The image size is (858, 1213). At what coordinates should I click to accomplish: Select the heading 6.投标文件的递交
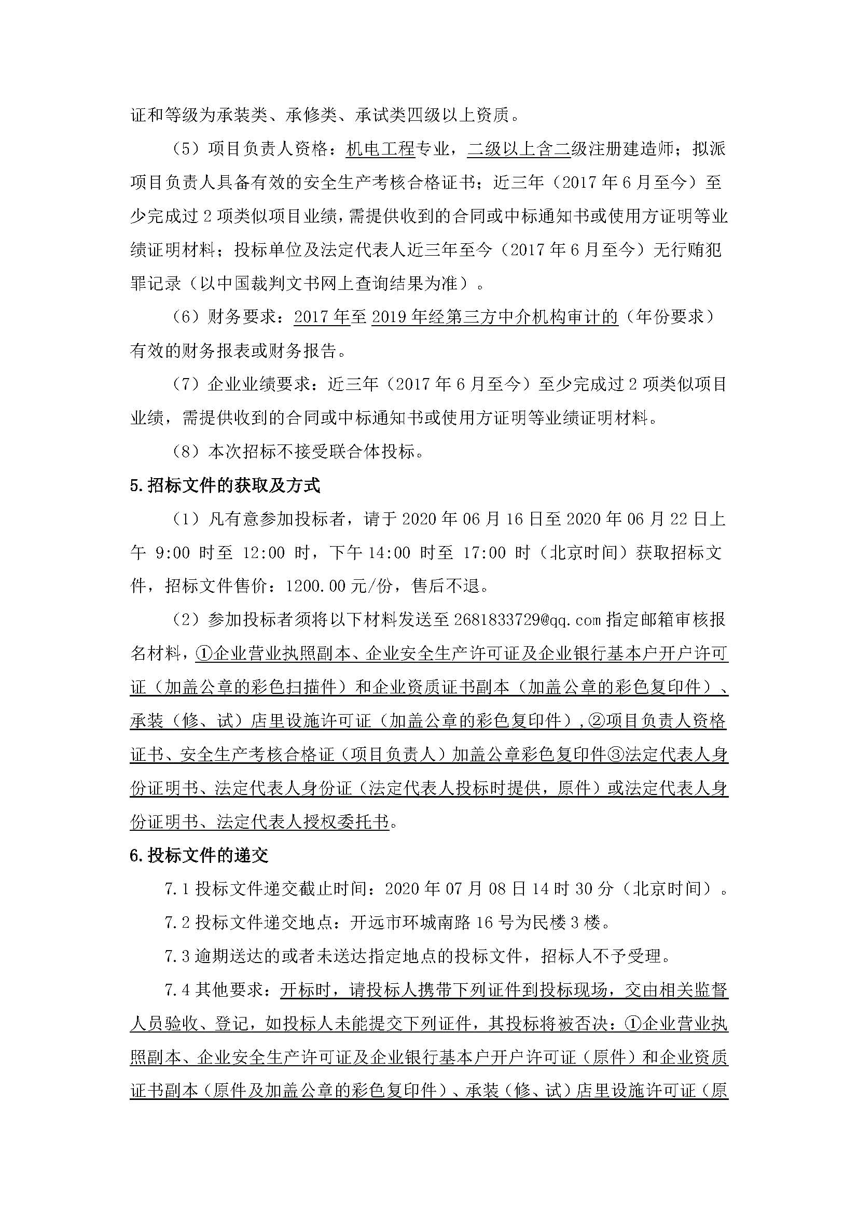(199, 855)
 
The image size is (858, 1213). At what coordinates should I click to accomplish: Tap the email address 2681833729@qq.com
(527, 620)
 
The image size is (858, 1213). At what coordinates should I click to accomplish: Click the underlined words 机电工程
(380, 149)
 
